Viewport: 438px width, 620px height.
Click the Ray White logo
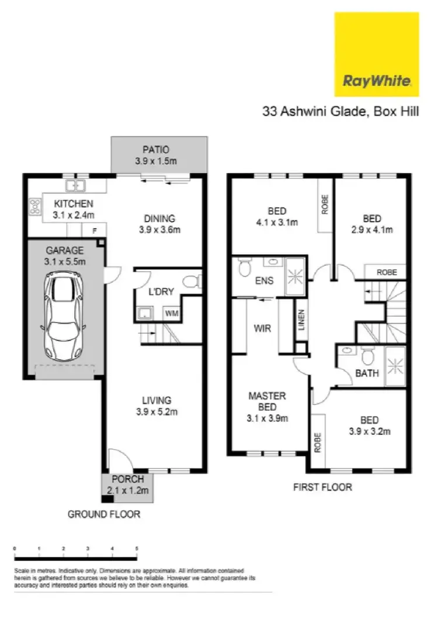[x=377, y=54]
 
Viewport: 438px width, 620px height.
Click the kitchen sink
[x=75, y=186]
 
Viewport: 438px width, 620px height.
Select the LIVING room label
[x=157, y=400]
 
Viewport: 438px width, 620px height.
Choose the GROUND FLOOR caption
[x=104, y=514]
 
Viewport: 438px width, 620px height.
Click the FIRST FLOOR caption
[x=323, y=486]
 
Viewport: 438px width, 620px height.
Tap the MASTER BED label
[x=267, y=401]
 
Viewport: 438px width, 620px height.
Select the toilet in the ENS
[x=244, y=269]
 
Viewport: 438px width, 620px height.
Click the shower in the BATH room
[x=395, y=366]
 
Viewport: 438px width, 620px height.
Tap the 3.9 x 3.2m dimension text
[x=369, y=432]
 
